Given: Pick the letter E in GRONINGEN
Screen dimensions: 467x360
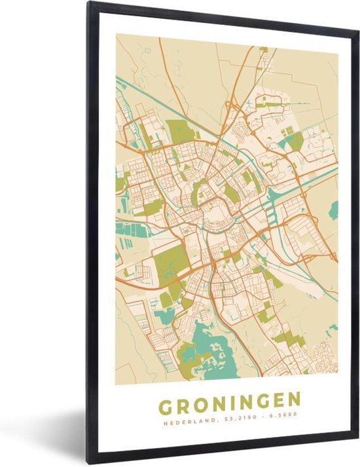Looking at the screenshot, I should (x=278, y=400).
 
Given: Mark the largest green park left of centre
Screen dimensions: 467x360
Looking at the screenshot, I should (x=171, y=263).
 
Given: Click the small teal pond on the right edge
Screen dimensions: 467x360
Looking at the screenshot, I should (x=334, y=210).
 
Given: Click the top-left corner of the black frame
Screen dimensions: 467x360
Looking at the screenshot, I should (x=88, y=3).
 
